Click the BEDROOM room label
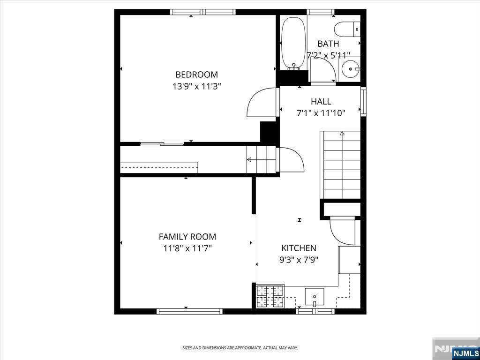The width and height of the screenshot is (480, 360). (196, 75)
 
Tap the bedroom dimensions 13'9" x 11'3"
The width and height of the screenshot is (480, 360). (196, 87)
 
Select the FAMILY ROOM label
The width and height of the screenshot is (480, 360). (187, 237)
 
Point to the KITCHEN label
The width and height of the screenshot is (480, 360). (299, 248)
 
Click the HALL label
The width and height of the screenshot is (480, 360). (321, 101)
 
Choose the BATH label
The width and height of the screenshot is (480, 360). (328, 44)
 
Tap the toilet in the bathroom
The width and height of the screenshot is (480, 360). (347, 30)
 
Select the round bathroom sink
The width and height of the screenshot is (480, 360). (350, 69)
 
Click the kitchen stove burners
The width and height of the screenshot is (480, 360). (270, 296)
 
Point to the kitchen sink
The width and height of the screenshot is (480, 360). (315, 297)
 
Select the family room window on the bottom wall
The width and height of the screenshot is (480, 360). (189, 311)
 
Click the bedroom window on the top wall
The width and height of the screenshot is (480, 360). (203, 12)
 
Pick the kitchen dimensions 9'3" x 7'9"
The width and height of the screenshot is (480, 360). (299, 260)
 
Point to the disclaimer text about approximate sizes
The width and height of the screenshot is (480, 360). (240, 348)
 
